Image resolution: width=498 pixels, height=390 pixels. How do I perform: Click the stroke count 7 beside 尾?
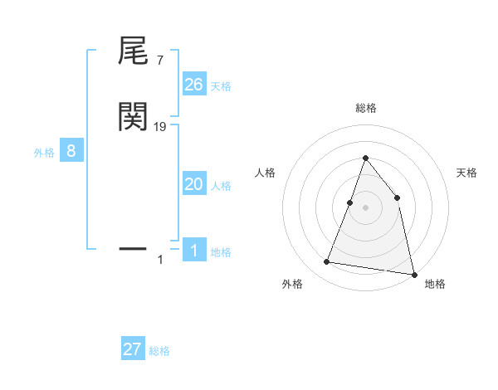point(159,60)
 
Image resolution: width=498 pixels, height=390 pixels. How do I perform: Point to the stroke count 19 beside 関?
point(160,126)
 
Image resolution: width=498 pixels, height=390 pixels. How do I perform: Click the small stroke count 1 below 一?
point(160,261)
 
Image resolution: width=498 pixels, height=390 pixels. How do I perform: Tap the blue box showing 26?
point(193,85)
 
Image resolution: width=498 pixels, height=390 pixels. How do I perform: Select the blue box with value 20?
point(193,184)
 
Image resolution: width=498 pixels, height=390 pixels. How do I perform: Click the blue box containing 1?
point(193,251)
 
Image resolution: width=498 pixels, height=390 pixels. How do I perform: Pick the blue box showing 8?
point(71,151)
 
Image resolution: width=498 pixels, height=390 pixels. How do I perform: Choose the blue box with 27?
point(132,349)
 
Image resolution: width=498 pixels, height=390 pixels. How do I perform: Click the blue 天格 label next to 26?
point(221,85)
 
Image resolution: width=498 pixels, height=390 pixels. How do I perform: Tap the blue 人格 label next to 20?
point(221,185)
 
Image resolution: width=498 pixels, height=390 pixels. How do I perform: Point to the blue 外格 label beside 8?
point(44,152)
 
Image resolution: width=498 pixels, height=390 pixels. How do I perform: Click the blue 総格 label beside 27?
point(159,350)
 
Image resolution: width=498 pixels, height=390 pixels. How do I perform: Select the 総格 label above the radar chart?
point(365,108)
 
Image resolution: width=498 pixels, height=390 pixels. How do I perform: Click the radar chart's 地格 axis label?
point(435,284)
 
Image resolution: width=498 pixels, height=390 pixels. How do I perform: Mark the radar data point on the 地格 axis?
point(413,274)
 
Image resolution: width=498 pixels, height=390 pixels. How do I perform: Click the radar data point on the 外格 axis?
point(327,262)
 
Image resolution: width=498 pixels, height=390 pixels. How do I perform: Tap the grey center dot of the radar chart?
point(365,207)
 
